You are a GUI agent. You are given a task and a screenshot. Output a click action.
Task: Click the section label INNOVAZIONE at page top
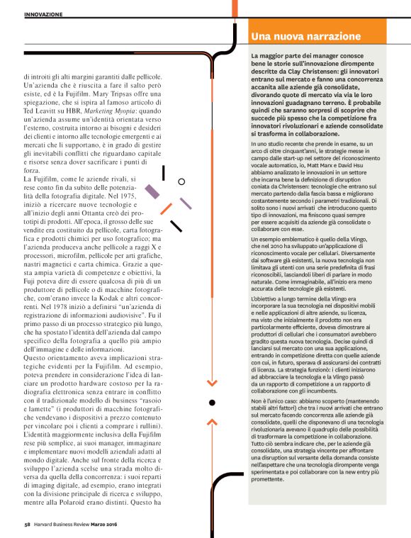click(x=43, y=13)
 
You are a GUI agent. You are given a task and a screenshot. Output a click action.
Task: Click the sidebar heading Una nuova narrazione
click(x=306, y=36)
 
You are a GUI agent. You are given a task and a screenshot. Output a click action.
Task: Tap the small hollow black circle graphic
click(x=181, y=181)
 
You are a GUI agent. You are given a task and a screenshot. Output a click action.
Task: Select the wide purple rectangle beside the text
click(x=152, y=191)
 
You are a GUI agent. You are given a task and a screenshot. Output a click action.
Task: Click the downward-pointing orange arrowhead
click(x=210, y=383)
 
